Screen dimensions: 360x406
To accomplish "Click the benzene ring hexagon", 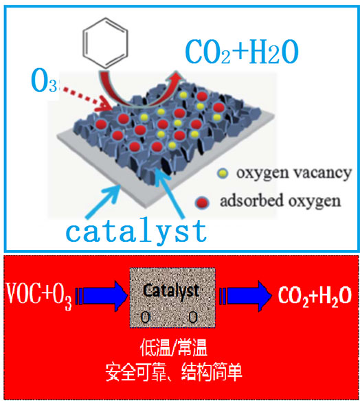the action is point(83,43).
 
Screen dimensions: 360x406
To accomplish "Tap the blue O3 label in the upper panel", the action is point(44,81).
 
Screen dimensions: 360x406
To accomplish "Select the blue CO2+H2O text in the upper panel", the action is point(242,52).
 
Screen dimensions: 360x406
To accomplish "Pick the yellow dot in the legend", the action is point(223,173).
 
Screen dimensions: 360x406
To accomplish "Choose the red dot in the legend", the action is point(202,202).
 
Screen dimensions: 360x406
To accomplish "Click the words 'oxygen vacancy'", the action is point(293,173).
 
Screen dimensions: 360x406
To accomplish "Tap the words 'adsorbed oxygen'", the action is point(280,201).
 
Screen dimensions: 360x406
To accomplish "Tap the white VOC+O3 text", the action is point(39,295).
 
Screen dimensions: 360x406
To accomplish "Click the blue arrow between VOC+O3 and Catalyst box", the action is point(102,295).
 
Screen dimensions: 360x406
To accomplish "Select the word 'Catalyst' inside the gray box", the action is point(171,291).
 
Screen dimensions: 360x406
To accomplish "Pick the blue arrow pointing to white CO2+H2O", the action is point(245,295).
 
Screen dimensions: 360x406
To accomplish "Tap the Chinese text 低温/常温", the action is point(174,348).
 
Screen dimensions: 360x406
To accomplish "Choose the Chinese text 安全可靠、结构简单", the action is point(174,372).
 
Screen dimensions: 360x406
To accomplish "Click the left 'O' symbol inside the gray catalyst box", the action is point(145,317).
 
